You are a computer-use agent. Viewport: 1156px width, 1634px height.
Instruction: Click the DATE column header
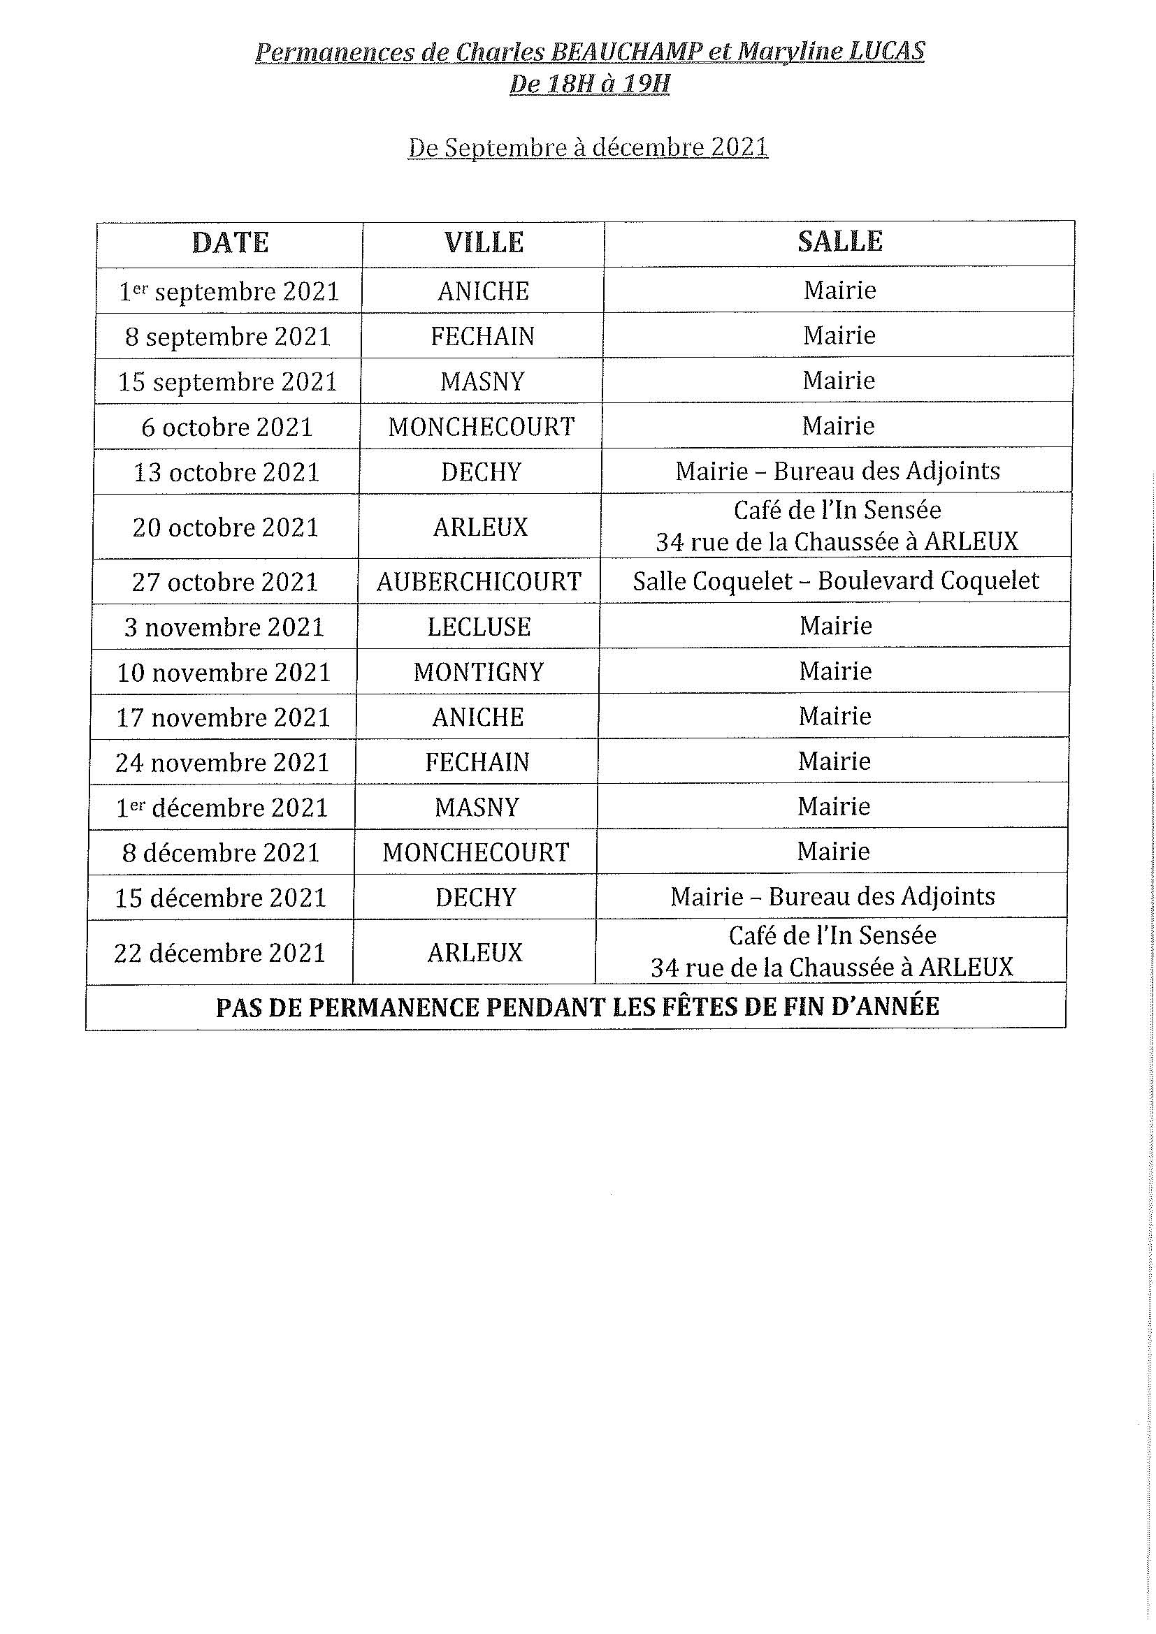click(x=230, y=242)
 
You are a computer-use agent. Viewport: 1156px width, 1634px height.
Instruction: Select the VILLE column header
click(x=484, y=242)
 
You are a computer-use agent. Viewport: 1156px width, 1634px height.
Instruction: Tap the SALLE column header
click(x=840, y=241)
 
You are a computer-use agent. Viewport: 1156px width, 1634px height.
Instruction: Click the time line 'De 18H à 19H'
click(x=589, y=85)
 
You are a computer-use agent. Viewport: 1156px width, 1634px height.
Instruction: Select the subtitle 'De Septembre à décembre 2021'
click(x=588, y=147)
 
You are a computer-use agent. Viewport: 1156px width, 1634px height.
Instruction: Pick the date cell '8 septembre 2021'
click(x=229, y=337)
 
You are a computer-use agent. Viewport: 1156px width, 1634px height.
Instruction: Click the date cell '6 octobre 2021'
click(x=227, y=427)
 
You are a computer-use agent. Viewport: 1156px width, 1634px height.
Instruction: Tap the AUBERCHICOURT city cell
click(x=479, y=582)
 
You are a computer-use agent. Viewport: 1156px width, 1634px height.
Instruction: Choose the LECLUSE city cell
click(x=479, y=627)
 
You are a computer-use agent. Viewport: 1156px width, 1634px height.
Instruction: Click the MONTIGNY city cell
click(x=478, y=672)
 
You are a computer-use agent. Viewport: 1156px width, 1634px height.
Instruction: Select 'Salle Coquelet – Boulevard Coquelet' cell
click(x=836, y=581)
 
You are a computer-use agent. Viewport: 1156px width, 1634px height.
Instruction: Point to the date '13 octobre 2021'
click(x=226, y=472)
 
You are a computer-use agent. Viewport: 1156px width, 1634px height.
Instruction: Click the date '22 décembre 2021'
click(x=220, y=953)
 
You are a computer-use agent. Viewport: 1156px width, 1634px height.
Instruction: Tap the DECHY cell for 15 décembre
click(x=475, y=898)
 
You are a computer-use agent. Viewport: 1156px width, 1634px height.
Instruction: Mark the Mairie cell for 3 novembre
click(x=835, y=625)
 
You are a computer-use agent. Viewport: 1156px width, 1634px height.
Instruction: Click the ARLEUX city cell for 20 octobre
click(x=480, y=527)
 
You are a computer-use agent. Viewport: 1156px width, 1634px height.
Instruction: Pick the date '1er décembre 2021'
click(x=222, y=808)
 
